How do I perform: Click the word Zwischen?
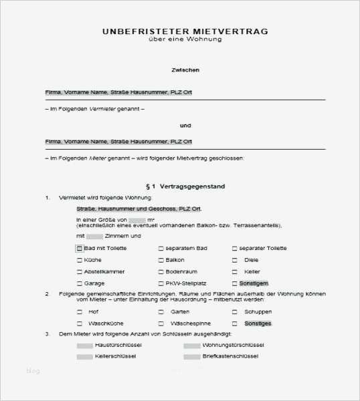[185, 70]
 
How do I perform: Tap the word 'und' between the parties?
[185, 125]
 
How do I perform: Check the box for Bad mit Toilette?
[79, 249]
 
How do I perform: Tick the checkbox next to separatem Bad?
[161, 249]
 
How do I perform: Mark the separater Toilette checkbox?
[235, 249]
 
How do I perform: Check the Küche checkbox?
[79, 260]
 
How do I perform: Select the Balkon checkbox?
[161, 260]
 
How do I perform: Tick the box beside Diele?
[235, 260]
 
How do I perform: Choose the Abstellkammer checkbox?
[79, 272]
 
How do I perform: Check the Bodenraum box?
[161, 272]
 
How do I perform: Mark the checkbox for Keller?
[235, 272]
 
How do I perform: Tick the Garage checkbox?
[79, 283]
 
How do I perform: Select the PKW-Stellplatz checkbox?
[161, 283]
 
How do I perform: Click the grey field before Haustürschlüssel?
[84, 346]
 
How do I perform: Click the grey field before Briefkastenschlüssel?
[191, 357]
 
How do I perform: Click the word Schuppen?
[258, 312]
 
